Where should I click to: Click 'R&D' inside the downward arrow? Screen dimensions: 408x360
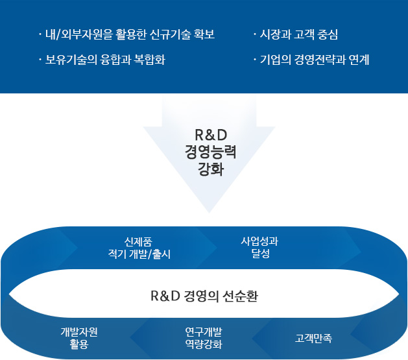pyautogui.click(x=211, y=135)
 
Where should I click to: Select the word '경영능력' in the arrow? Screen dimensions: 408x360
pyautogui.click(x=211, y=152)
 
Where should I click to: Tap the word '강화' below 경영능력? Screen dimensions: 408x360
pyautogui.click(x=211, y=169)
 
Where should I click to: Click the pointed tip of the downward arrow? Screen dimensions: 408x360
pyautogui.click(x=210, y=213)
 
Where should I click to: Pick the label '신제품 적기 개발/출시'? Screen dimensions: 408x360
pyautogui.click(x=139, y=248)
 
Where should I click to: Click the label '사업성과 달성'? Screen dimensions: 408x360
pyautogui.click(x=259, y=247)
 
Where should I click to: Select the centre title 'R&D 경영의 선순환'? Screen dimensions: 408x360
pyautogui.click(x=204, y=296)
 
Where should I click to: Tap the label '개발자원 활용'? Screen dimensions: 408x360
pyautogui.click(x=79, y=338)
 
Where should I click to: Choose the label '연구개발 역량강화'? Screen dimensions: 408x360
pyautogui.click(x=204, y=338)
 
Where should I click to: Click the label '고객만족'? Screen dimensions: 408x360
pyautogui.click(x=313, y=338)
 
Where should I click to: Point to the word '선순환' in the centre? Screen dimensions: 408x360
pyautogui.click(x=240, y=296)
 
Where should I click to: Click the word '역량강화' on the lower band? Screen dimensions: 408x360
pyautogui.click(x=204, y=344)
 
